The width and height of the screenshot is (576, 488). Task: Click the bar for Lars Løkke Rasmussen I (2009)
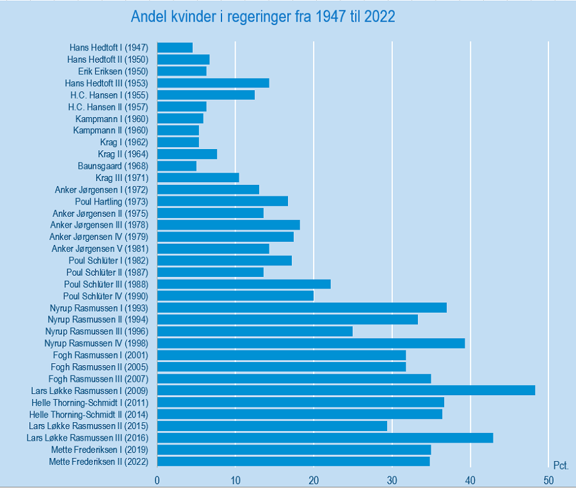346,390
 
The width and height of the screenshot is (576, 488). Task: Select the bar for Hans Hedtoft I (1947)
175,47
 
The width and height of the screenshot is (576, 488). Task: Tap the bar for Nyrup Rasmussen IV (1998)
310,343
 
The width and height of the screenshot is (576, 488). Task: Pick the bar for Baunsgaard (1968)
177,166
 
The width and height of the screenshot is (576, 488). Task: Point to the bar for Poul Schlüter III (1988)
244,284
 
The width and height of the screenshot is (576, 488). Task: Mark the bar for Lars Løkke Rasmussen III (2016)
325,437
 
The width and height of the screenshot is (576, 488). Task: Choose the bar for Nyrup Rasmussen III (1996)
255,331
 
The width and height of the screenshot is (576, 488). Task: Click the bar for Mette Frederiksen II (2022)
293,461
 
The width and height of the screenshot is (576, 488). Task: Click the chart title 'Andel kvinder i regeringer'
263,17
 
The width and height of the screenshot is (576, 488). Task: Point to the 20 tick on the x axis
314,480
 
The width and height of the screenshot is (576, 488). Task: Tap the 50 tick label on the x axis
548,480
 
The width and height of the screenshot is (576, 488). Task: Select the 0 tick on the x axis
157,480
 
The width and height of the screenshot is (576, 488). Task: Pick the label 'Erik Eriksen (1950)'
118,71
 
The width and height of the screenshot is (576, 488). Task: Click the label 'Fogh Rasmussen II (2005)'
99,366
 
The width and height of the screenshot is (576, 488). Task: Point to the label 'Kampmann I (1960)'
112,119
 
